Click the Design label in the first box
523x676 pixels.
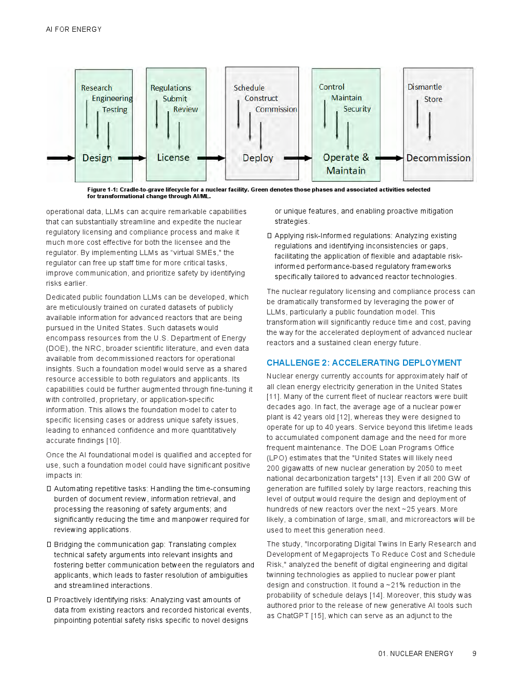(x=97, y=158)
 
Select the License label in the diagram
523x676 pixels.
(x=173, y=158)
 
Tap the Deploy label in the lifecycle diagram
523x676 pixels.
(x=258, y=158)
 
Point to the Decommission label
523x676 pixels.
(x=438, y=158)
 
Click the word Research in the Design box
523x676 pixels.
(x=96, y=88)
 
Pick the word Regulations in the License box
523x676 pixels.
(x=170, y=88)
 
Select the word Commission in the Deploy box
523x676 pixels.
(x=276, y=109)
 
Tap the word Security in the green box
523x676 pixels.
(x=357, y=109)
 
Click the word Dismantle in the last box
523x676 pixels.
(x=425, y=87)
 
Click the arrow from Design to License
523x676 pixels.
(x=132, y=158)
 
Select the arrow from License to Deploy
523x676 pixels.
(x=211, y=158)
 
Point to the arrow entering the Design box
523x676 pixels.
(x=61, y=158)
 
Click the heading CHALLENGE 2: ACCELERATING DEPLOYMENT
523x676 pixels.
(x=364, y=363)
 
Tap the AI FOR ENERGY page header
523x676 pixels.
(x=74, y=29)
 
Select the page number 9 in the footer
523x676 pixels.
(x=474, y=653)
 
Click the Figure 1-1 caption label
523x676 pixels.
(x=102, y=189)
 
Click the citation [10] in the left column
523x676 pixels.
(x=113, y=440)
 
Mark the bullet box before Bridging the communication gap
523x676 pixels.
(x=49, y=544)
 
